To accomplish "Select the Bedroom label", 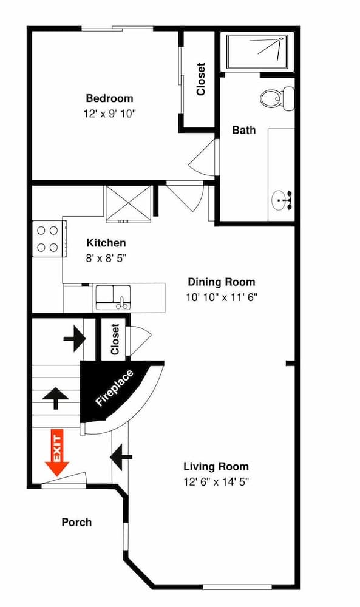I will (x=109, y=98).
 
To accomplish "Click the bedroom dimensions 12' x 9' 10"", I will (x=109, y=114).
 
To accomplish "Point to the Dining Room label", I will (x=221, y=282).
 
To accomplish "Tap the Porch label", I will (x=77, y=522).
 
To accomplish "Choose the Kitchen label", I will (x=106, y=242).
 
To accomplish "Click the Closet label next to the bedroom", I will (x=200, y=80).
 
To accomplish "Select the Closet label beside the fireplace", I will (x=115, y=340).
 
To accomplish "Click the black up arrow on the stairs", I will (x=55, y=398).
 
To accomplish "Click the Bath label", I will (x=244, y=130).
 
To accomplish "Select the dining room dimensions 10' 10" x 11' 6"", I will (x=221, y=297).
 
